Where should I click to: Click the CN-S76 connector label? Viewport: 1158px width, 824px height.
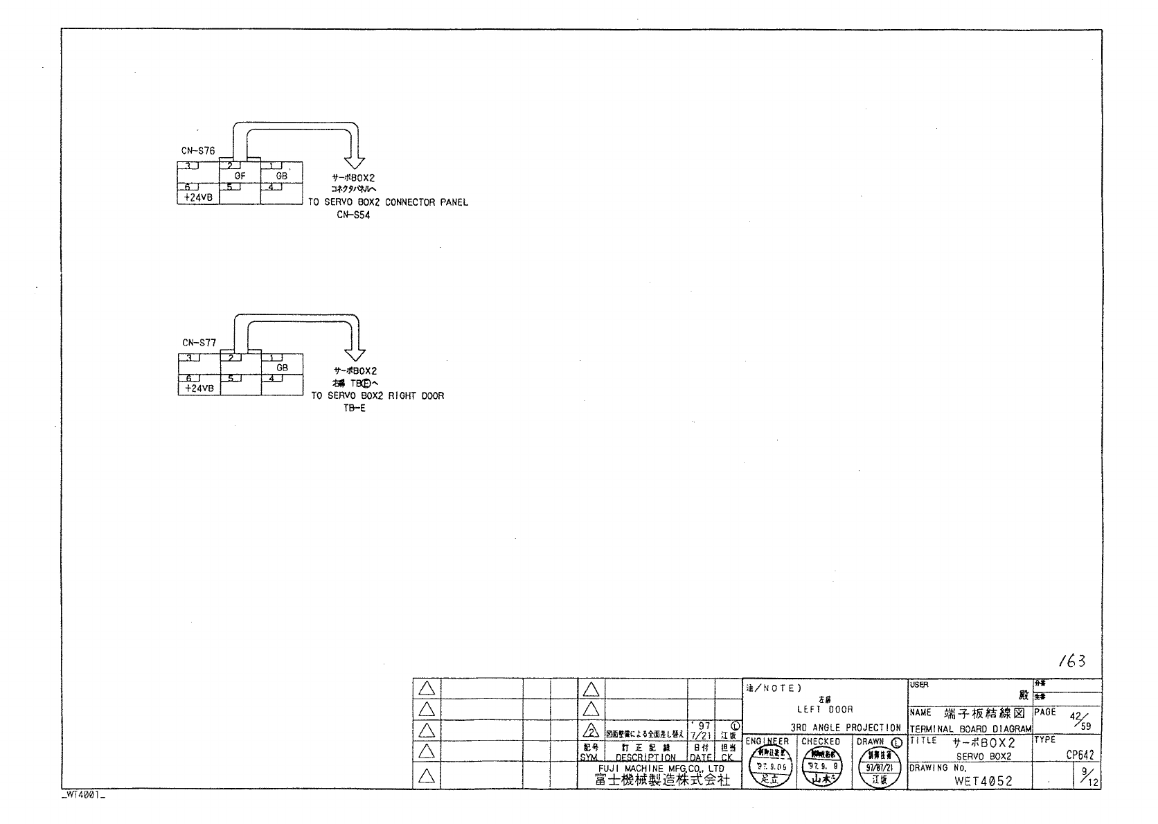[198, 150]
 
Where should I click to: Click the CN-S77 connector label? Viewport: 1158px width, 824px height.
[199, 343]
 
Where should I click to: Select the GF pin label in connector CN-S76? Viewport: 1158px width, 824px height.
[240, 176]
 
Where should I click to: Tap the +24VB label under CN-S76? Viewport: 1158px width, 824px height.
[198, 197]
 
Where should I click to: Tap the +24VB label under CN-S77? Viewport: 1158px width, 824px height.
[198, 389]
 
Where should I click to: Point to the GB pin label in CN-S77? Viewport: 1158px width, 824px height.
[282, 368]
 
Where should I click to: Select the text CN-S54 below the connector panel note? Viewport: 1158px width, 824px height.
[354, 215]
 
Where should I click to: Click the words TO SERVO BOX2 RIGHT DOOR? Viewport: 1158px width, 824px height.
[377, 396]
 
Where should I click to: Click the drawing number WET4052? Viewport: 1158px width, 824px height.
[983, 781]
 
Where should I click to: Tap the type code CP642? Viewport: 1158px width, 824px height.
[1080, 756]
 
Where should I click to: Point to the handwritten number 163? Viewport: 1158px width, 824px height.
[1072, 662]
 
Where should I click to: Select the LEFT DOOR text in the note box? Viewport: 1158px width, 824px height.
[825, 710]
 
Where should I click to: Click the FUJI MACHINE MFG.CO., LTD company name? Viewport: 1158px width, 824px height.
[661, 769]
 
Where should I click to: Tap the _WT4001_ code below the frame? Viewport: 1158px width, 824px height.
[83, 796]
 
